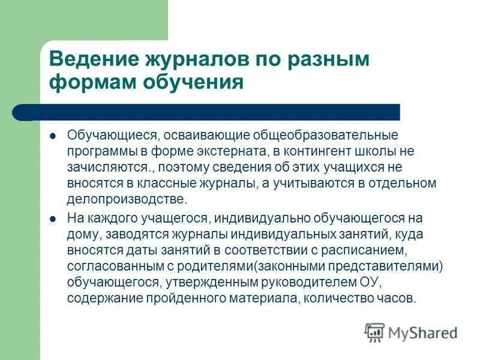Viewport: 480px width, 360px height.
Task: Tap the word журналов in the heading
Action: (x=185, y=60)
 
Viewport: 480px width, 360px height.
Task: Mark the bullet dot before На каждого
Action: (x=53, y=218)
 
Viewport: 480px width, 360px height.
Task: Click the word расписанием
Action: (x=349, y=250)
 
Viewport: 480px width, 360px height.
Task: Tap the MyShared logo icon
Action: (x=375, y=331)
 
